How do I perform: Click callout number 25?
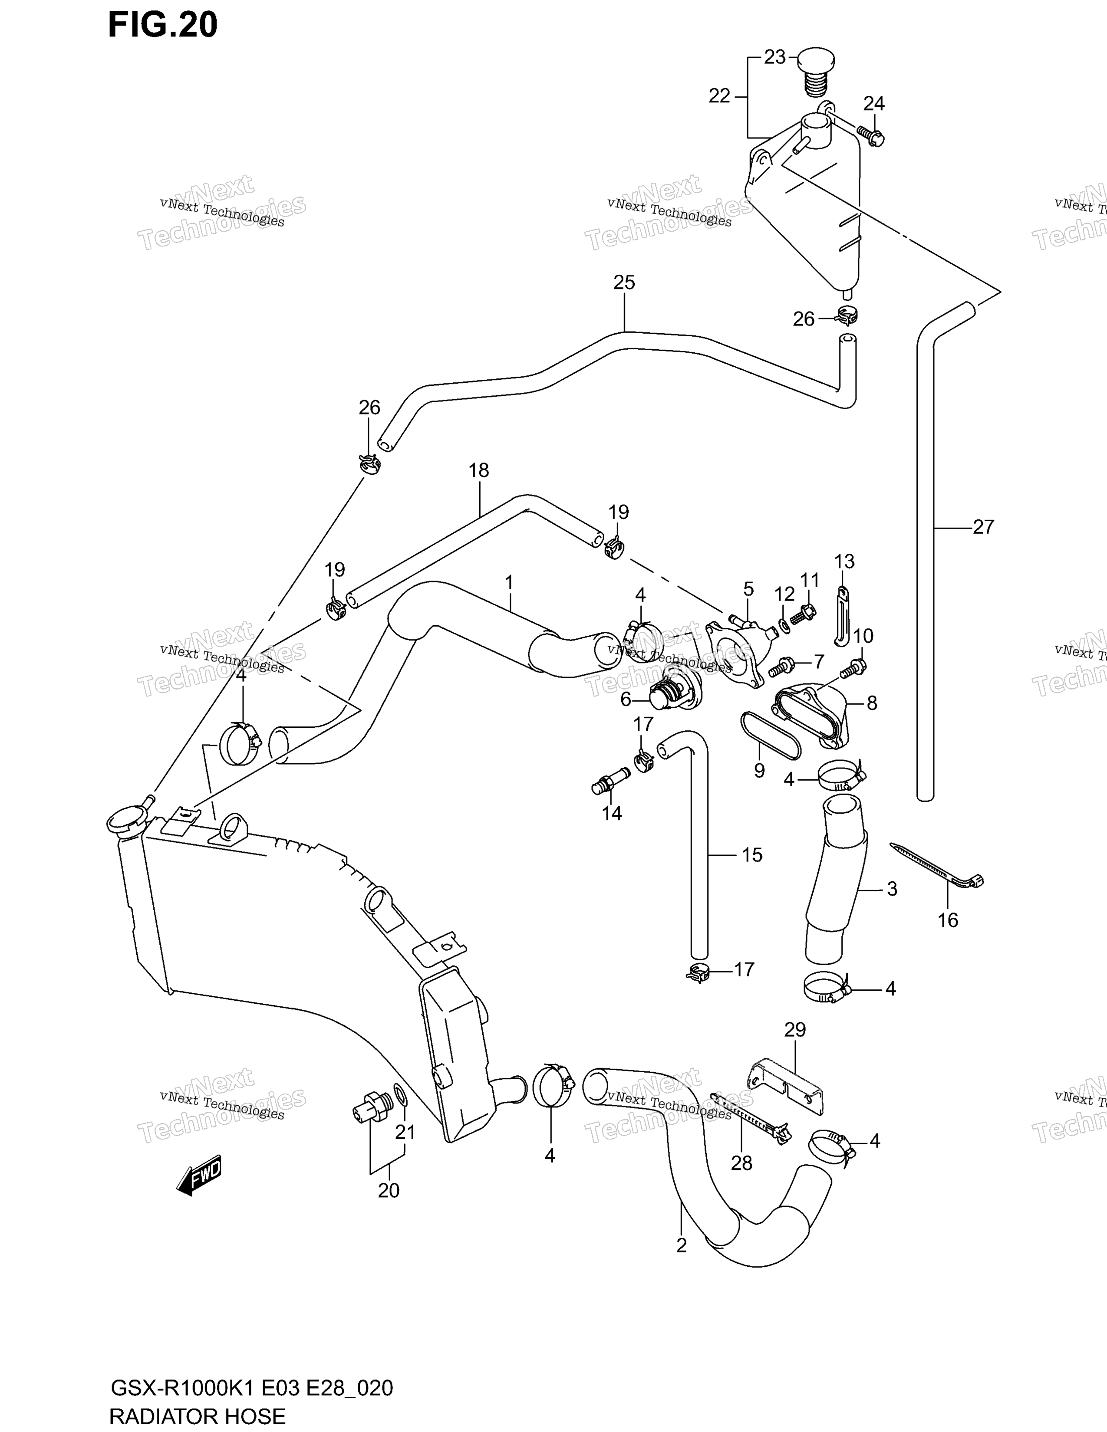click(624, 282)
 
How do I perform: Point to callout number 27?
click(983, 526)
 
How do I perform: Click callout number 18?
click(479, 470)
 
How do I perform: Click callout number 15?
click(752, 854)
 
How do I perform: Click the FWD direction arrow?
click(199, 1175)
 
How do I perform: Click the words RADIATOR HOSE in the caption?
click(198, 1414)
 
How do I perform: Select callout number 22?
click(719, 96)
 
